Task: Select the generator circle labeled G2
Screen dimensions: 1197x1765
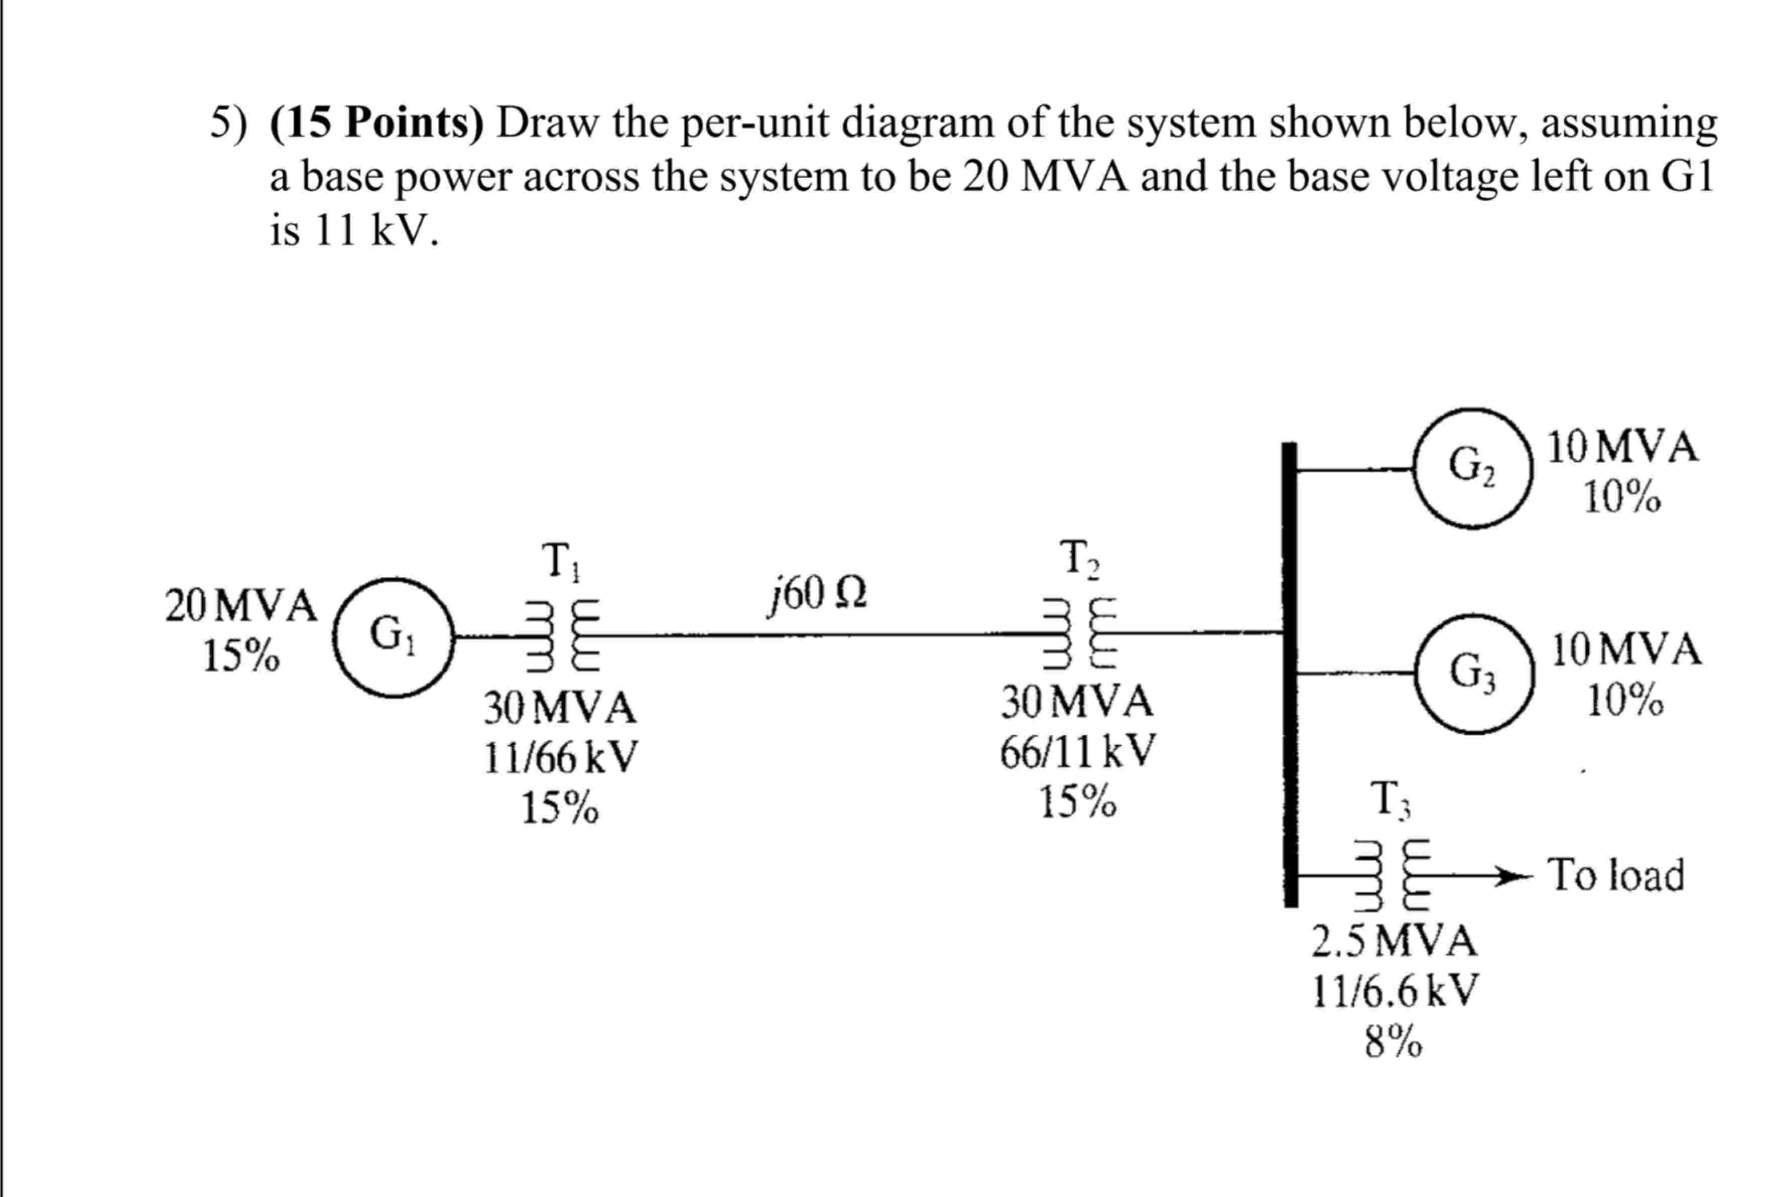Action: (x=1473, y=468)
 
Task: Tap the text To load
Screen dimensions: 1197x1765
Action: (x=1616, y=875)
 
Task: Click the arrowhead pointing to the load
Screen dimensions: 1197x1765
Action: (x=1511, y=876)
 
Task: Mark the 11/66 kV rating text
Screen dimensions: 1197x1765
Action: (x=561, y=758)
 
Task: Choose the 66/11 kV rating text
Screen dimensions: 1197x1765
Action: (x=1077, y=752)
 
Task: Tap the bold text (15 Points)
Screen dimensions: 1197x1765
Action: (x=376, y=123)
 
